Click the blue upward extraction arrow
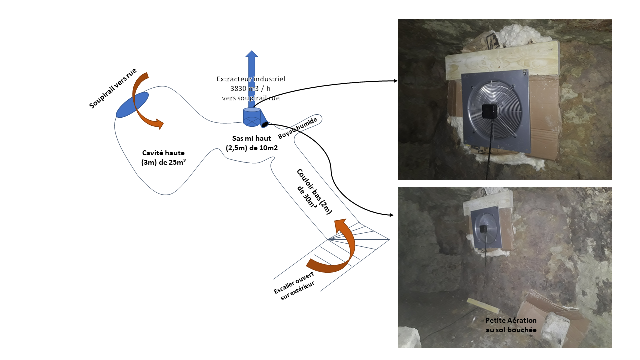[252, 75]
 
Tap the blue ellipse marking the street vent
[132, 105]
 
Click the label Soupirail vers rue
[113, 88]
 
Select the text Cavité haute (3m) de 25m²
[160, 157]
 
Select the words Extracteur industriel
[251, 79]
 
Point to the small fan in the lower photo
[484, 229]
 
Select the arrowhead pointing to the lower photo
[391, 215]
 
